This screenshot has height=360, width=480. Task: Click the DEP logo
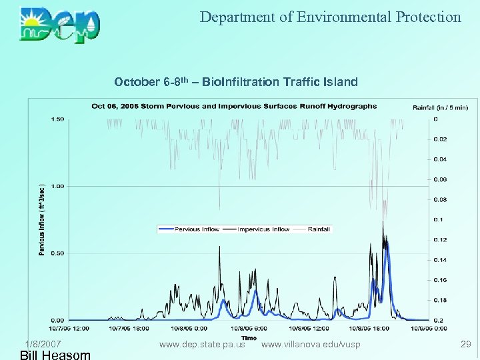pyautogui.click(x=60, y=25)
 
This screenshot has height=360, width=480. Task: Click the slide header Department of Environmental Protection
pyautogui.click(x=330, y=17)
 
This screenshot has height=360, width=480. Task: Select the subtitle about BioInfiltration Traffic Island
pyautogui.click(x=236, y=82)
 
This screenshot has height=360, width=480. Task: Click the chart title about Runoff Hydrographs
pyautogui.click(x=234, y=106)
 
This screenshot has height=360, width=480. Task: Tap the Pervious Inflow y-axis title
pyautogui.click(x=42, y=220)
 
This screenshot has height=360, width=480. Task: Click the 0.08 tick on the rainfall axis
pyautogui.click(x=441, y=199)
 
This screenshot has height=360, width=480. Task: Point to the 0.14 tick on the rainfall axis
pyautogui.click(x=441, y=260)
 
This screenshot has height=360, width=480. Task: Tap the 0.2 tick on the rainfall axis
pyautogui.click(x=438, y=320)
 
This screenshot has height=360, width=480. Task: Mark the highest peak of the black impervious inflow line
pyautogui.click(x=383, y=222)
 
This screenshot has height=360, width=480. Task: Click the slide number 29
pyautogui.click(x=465, y=343)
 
